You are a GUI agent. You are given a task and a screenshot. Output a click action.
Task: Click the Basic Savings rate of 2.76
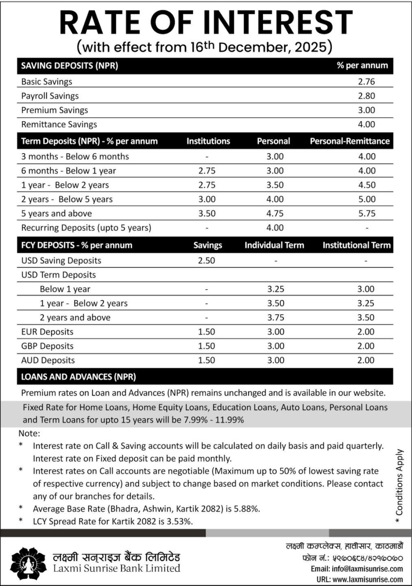pos(366,81)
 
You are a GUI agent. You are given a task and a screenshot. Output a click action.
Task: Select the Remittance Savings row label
pos(59,125)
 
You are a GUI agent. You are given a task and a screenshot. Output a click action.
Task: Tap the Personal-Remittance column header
pos(349,141)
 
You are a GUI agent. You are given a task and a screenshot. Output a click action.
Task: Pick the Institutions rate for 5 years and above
pos(207,214)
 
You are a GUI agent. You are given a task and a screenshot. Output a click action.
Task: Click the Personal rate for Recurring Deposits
pos(275,228)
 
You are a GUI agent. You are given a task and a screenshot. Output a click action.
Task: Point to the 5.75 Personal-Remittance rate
pos(366,214)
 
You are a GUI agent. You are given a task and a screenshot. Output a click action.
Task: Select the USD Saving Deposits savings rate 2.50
pos(207,260)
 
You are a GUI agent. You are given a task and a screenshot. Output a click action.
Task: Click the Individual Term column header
pos(274,245)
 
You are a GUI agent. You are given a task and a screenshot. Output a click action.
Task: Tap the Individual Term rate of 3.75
pos(276,317)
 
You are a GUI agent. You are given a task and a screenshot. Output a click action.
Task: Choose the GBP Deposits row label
pos(47,346)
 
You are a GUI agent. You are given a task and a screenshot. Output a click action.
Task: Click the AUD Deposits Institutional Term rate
pos(366,360)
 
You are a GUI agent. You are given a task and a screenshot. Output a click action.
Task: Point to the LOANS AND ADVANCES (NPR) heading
pos(78,377)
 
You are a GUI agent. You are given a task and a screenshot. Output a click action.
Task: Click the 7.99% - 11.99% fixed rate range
pos(214,420)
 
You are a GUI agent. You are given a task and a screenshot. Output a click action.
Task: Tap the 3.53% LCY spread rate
pos(179,521)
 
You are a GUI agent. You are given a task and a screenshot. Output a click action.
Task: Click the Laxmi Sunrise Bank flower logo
pos(28,563)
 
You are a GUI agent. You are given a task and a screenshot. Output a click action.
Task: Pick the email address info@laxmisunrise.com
pos(367,569)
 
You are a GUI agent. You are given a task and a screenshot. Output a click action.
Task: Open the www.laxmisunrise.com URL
pos(367,579)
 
